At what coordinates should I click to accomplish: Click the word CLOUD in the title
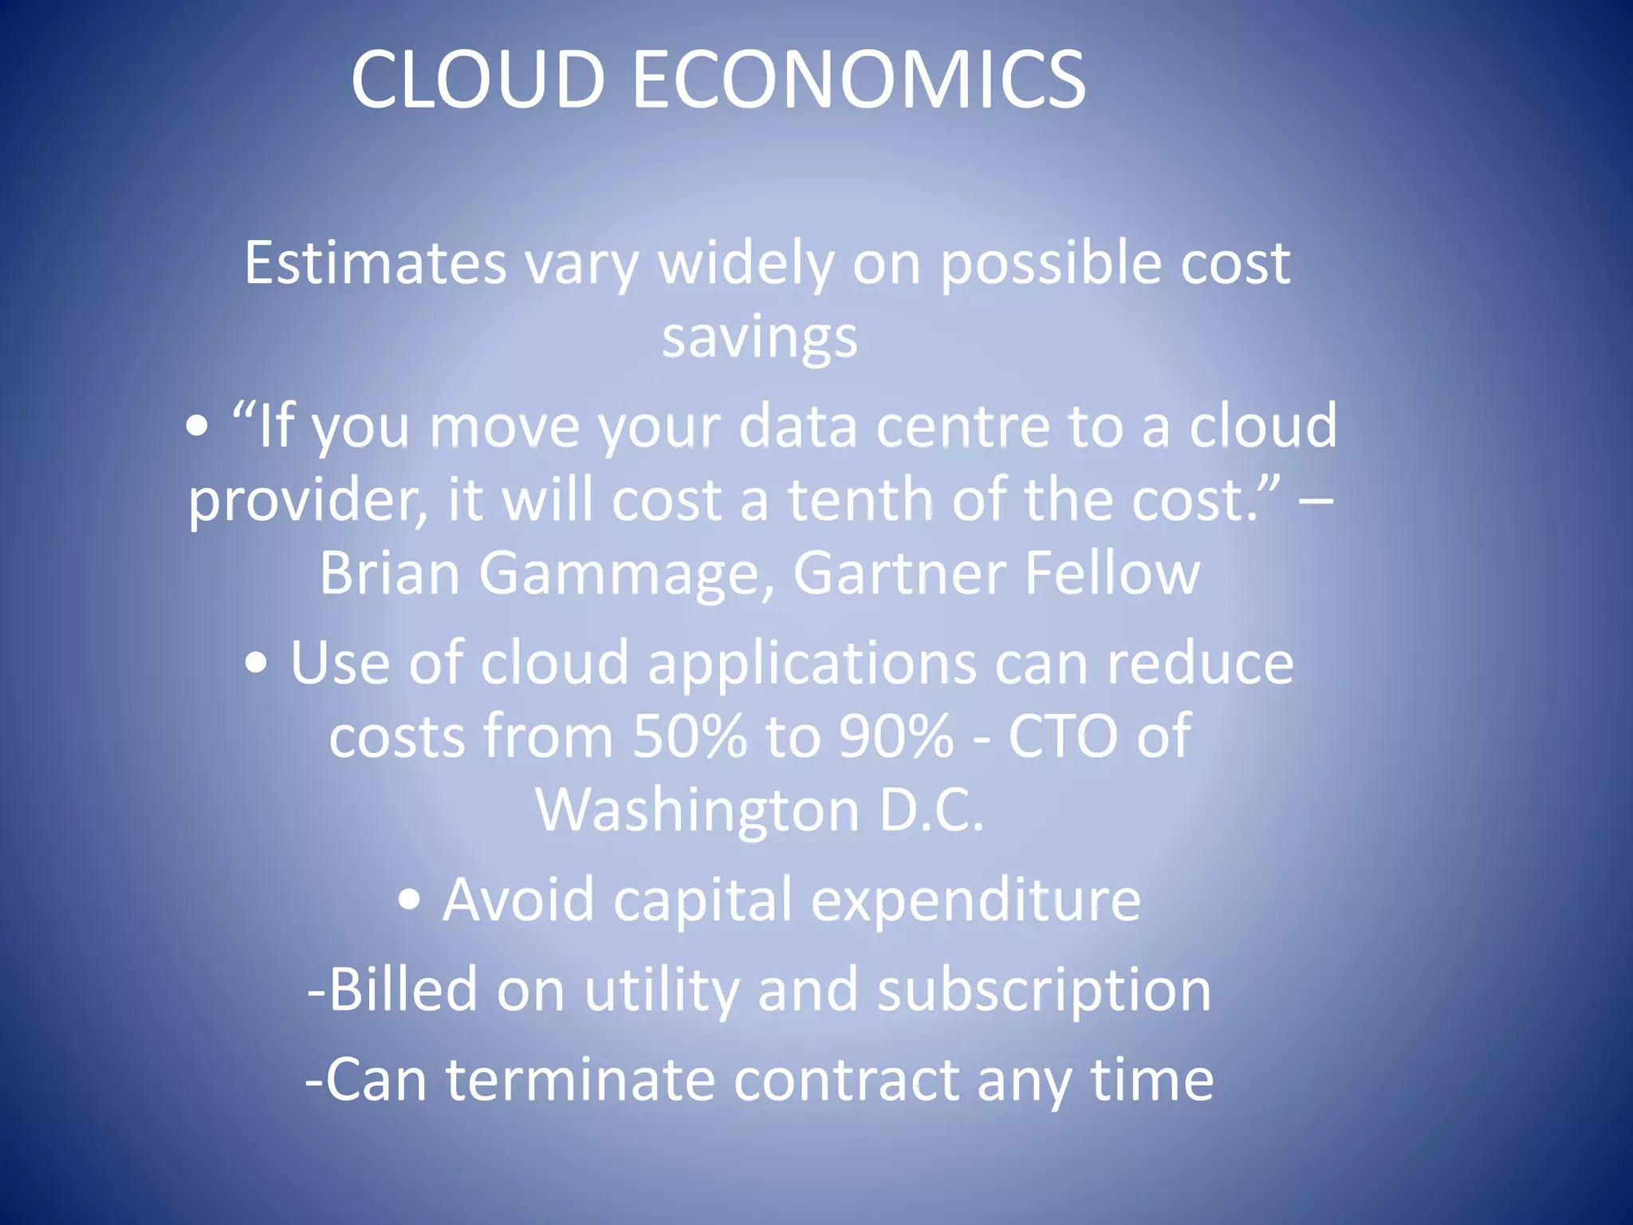(478, 79)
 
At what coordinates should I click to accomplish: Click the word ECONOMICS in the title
(859, 79)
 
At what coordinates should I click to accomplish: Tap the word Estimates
(375, 262)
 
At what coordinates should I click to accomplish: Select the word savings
(759, 338)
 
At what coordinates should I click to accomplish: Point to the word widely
(746, 264)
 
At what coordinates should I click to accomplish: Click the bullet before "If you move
(197, 427)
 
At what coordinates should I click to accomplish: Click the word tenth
(860, 500)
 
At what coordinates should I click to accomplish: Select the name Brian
(389, 573)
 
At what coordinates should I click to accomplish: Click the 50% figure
(690, 736)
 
